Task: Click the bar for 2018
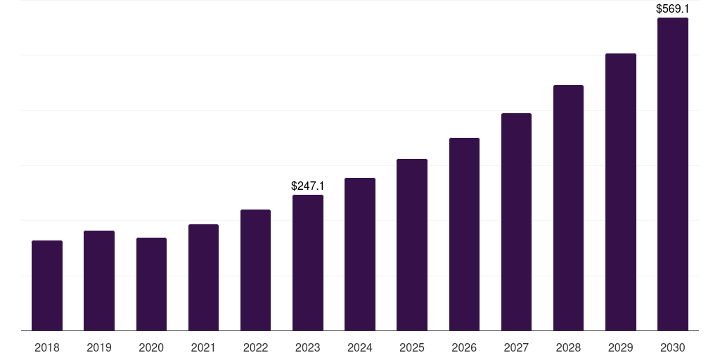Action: tap(47, 285)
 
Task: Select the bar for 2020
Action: tap(151, 284)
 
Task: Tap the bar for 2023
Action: tap(308, 262)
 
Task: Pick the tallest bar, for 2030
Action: tap(672, 174)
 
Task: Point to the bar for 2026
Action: tap(464, 234)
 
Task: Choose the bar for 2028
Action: tap(568, 207)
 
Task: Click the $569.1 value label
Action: tap(672, 9)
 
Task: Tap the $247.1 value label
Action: tap(308, 186)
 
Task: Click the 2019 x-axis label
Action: tap(99, 347)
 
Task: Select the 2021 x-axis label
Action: tap(203, 347)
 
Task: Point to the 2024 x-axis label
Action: tap(360, 347)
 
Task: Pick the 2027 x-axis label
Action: tap(516, 347)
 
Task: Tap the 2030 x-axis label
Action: tap(672, 347)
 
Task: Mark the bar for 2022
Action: tap(255, 270)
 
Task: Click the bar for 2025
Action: tap(412, 245)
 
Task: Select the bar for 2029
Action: tap(620, 192)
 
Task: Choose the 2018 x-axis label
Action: tap(47, 347)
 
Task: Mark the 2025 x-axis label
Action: tap(412, 347)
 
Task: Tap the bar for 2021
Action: tap(203, 277)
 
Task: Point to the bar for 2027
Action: tap(516, 221)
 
